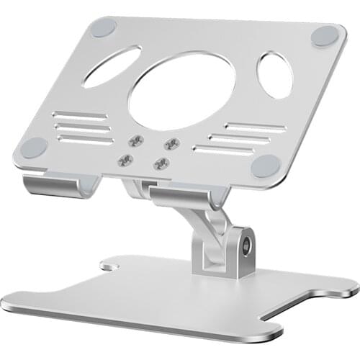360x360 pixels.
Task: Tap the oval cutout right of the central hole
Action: (274, 75)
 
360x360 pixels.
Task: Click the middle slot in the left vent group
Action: (83, 128)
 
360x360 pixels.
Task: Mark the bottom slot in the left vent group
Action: (86, 140)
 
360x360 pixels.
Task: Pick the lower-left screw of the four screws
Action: (127, 158)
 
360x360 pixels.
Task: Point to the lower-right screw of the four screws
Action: (161, 163)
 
